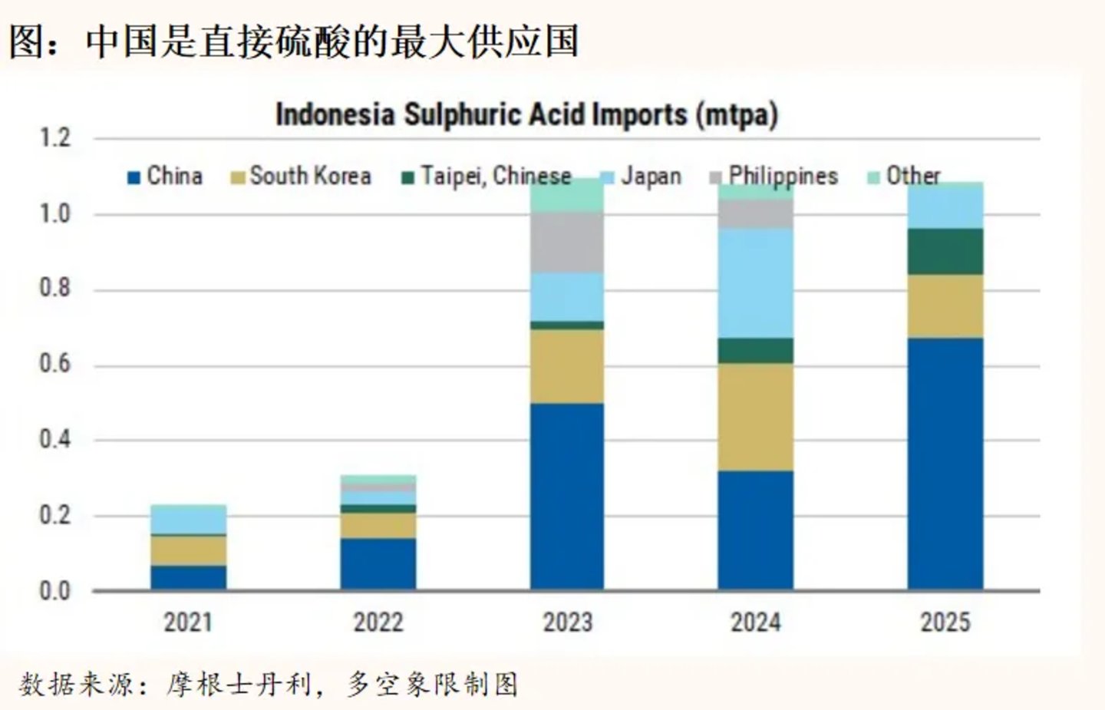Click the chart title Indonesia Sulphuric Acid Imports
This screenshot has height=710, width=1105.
(526, 115)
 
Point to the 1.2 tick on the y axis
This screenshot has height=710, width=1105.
(54, 138)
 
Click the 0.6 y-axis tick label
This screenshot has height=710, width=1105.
(54, 364)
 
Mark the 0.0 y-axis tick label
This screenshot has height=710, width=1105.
(54, 591)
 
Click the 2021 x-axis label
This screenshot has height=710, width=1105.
(188, 622)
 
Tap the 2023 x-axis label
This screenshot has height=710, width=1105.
(567, 622)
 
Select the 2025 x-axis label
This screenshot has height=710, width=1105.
(945, 622)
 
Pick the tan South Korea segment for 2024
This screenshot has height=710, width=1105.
(756, 417)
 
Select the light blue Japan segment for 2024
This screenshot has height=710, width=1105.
(756, 282)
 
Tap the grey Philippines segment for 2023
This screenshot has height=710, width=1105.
(567, 242)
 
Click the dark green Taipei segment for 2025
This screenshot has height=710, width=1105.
(945, 251)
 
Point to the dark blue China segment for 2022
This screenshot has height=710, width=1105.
(378, 564)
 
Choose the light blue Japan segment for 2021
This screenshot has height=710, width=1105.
(188, 519)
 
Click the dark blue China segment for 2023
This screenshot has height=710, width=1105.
(567, 496)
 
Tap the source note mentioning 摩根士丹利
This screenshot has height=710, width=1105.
(269, 684)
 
